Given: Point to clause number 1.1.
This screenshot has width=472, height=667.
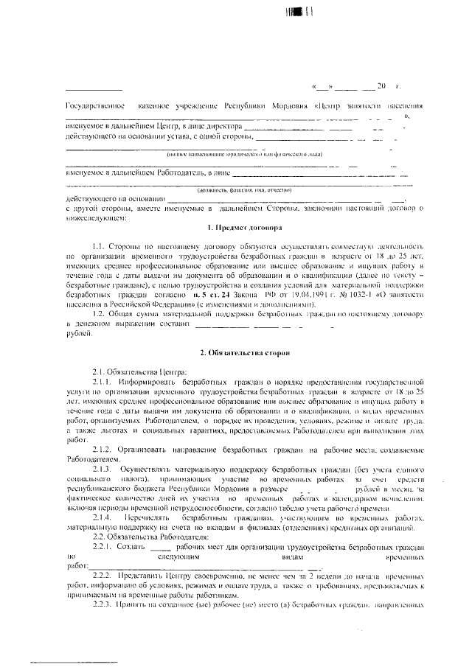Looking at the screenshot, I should (100, 245).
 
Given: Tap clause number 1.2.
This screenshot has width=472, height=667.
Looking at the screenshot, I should (100, 313).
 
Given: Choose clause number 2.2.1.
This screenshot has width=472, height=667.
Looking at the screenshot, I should (103, 547).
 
